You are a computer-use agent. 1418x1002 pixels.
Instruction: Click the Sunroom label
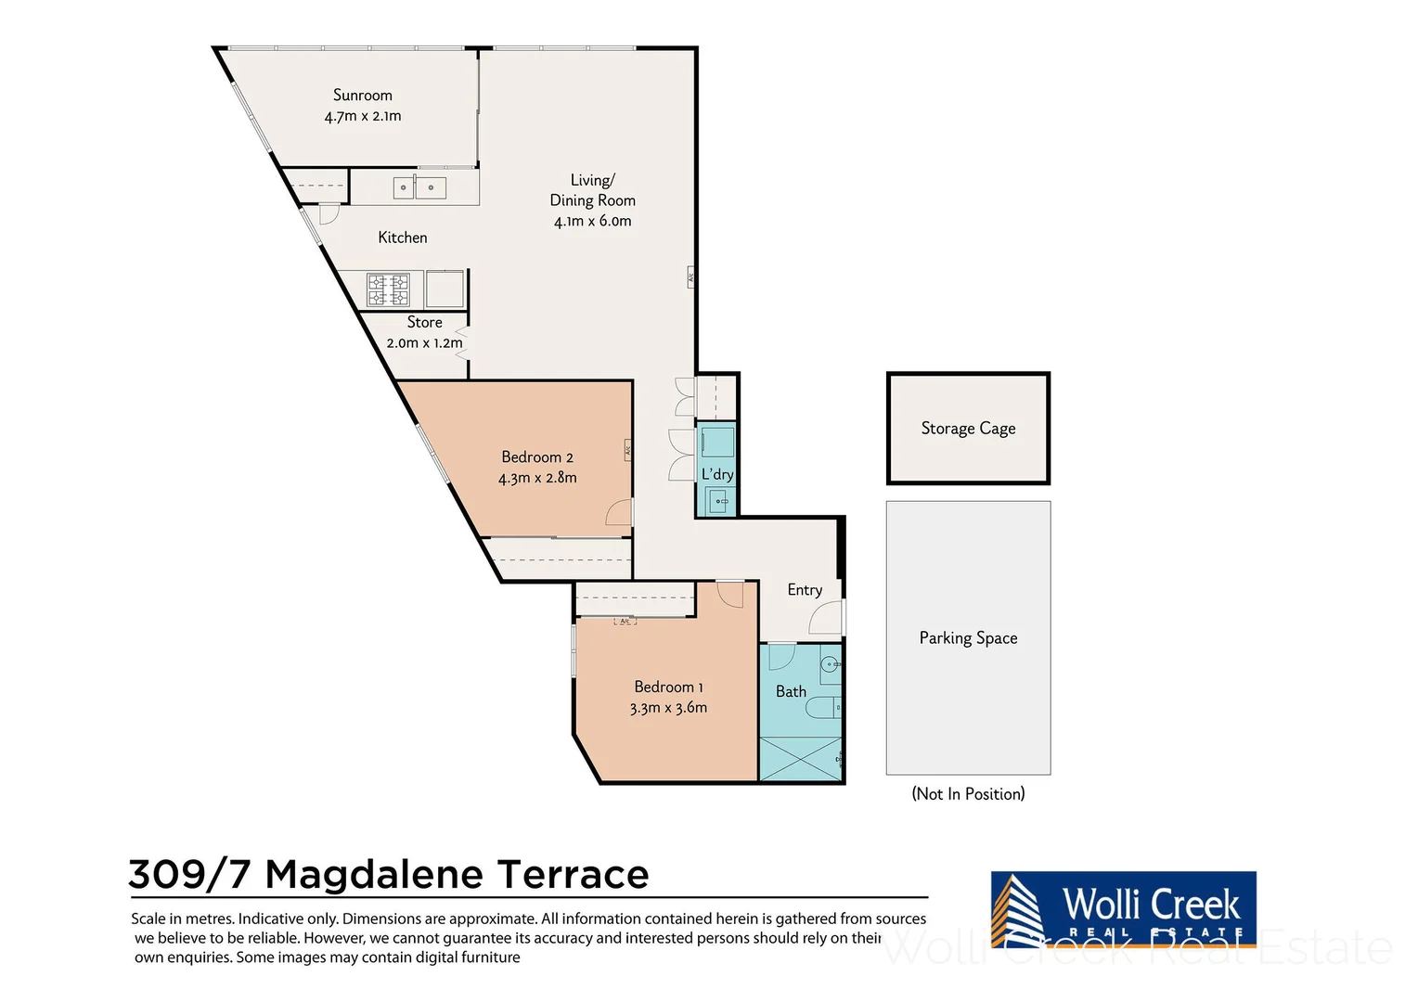(363, 95)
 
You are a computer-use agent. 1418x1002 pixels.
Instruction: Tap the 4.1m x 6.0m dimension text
(592, 221)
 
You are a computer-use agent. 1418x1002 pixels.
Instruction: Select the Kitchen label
(403, 238)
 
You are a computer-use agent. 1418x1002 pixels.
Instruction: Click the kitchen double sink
(419, 187)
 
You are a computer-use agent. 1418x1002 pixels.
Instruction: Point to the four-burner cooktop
(388, 289)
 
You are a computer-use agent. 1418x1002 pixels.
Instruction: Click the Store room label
(425, 322)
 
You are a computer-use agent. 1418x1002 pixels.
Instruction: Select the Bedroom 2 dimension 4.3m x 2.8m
(537, 478)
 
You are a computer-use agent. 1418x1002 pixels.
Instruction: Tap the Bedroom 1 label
(668, 687)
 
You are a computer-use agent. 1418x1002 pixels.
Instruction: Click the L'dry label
(717, 474)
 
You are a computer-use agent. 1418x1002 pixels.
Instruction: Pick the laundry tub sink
(718, 501)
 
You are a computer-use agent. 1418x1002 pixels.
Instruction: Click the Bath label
(792, 691)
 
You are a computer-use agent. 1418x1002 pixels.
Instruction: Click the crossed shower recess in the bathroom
(801, 758)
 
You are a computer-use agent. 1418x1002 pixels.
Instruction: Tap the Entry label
(805, 590)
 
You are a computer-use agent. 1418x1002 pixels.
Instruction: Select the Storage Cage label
(968, 429)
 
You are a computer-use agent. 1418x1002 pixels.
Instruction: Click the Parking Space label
(968, 638)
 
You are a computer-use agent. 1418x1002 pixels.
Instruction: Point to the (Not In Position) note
(968, 794)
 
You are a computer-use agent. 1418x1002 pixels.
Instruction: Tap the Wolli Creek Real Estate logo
(1123, 910)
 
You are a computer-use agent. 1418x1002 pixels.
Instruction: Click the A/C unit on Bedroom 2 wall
(628, 450)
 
